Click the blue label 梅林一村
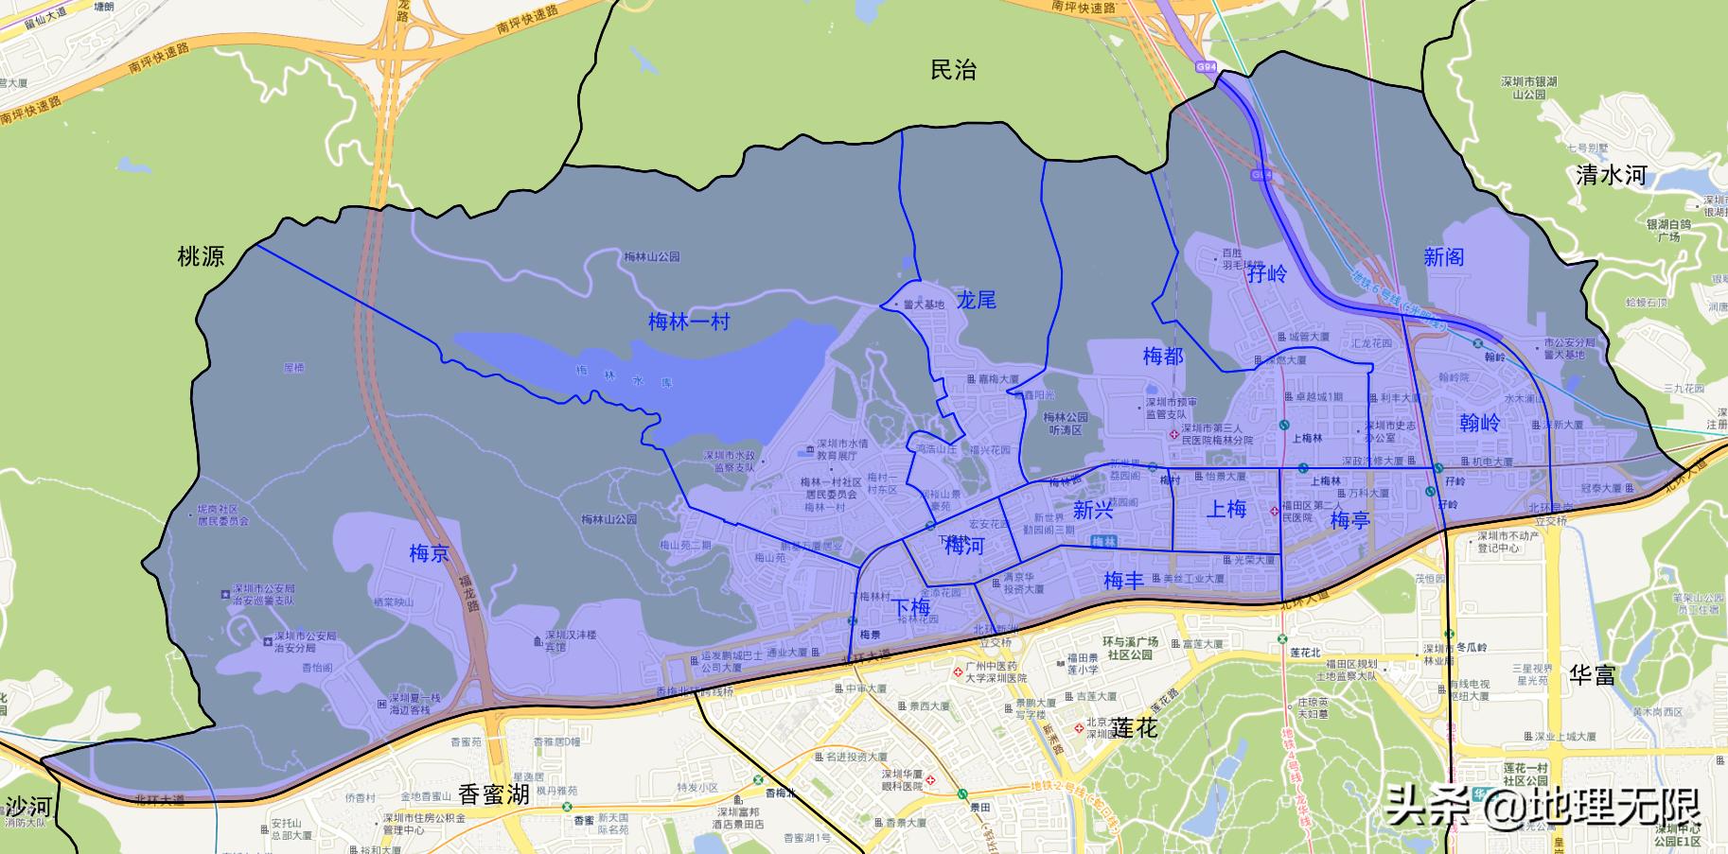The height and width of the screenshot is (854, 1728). pos(689,322)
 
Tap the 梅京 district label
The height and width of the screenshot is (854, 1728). pos(429,553)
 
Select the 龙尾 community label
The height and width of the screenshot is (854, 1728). pos(976,301)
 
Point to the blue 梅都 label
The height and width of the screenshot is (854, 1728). pos(1162,357)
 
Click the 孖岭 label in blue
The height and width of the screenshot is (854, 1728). pos(1267,274)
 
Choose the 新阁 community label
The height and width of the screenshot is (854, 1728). pos(1443,256)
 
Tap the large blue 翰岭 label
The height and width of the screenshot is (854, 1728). pos(1479,422)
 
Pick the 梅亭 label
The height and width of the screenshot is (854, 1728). pos(1349,520)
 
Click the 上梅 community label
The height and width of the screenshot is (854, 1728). pos(1226,509)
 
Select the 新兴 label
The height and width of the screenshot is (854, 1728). pos(1092,511)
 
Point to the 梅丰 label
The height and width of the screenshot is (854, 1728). pos(1123,581)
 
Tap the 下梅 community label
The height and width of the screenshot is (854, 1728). pos(912,607)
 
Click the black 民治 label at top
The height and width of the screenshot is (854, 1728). pos(953,70)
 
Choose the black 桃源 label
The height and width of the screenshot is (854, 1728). pos(202,256)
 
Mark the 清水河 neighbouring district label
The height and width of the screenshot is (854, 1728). pos(1611,175)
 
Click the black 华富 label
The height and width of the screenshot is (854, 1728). pos(1594,674)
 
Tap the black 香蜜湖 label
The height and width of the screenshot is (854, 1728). pos(493,794)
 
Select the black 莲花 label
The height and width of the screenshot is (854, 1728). pos(1135,728)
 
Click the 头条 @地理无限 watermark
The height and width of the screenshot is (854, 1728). pos(1543,807)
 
